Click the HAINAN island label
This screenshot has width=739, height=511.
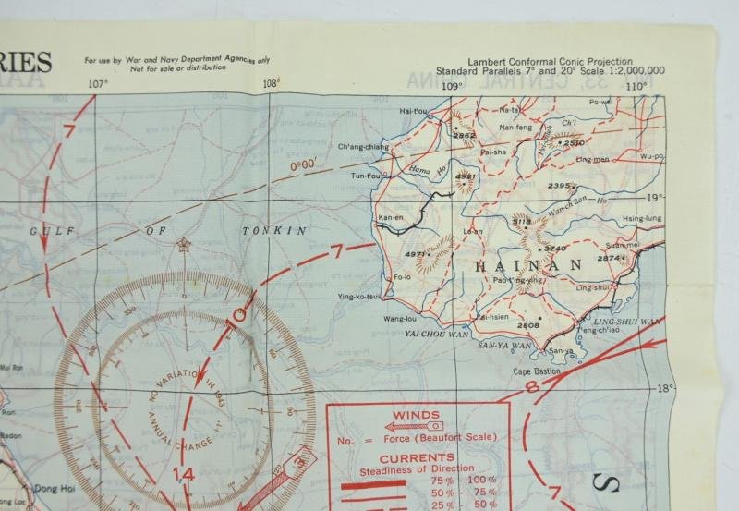[x=529, y=265]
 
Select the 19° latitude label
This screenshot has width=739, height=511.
[x=656, y=197]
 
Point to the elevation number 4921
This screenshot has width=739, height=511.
[x=466, y=176]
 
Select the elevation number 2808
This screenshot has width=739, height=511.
[x=527, y=325]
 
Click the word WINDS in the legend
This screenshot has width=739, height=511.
[x=416, y=415]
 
